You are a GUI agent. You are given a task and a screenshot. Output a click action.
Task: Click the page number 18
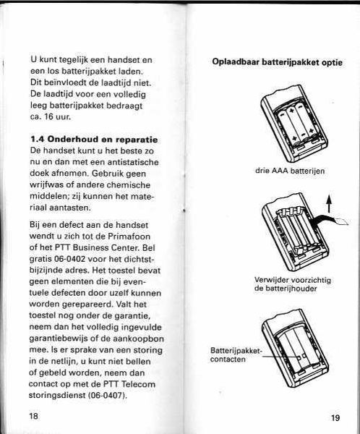tap(33, 416)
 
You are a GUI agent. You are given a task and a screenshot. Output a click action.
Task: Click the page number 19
tap(335, 417)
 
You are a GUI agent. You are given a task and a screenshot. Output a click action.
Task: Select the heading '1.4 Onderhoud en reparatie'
tap(94, 139)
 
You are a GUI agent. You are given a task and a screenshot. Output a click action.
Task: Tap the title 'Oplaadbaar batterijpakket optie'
tap(278, 62)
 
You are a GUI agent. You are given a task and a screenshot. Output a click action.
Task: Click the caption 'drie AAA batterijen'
tap(290, 171)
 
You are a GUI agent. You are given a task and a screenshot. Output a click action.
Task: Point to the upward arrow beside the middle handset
tap(328, 204)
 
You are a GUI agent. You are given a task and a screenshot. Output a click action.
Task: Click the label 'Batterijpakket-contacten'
tap(236, 355)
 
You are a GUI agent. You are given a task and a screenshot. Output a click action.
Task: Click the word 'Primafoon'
tap(129, 237)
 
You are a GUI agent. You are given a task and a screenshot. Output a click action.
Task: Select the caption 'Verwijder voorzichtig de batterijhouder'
tap(293, 284)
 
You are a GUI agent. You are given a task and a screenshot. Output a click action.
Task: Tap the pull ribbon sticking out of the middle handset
tap(330, 219)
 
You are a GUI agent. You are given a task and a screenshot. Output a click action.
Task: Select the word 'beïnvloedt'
tap(58, 82)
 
